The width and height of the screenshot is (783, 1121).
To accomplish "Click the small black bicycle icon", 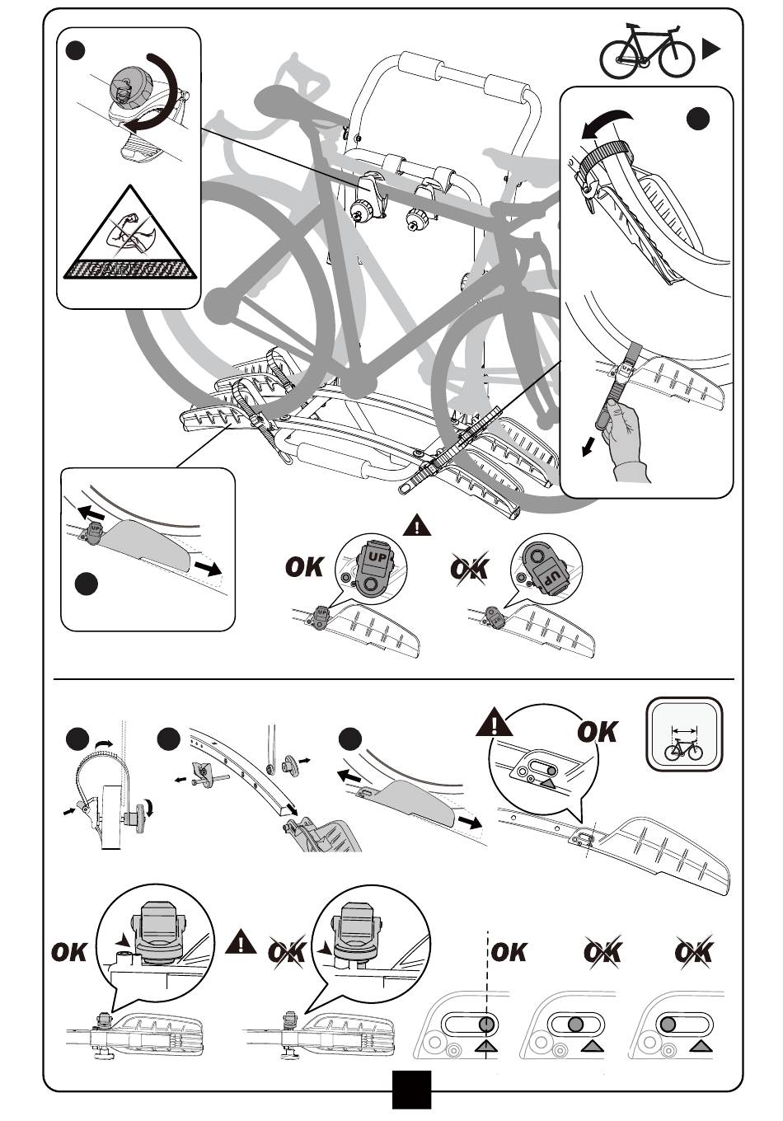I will click(x=647, y=51).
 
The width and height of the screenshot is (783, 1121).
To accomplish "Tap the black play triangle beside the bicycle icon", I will click(x=710, y=50).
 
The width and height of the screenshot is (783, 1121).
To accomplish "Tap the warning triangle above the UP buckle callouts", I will click(x=418, y=525).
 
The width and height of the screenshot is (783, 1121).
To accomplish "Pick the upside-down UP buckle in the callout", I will click(x=546, y=569).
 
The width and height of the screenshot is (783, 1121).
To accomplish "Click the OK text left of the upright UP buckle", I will click(x=304, y=567).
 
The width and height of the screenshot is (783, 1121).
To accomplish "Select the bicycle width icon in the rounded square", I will click(x=684, y=734).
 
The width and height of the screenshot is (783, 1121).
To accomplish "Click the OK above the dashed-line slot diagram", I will click(x=509, y=952).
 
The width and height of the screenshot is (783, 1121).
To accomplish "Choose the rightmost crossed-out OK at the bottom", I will click(x=693, y=953).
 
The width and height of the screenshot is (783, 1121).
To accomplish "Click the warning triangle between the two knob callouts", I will click(x=241, y=941).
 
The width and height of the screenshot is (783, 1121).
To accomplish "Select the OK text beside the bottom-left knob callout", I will click(x=69, y=952).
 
